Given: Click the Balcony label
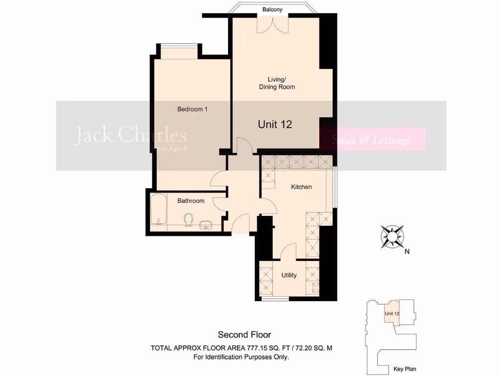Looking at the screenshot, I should (x=272, y=9).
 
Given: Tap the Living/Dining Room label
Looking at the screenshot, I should (x=277, y=83).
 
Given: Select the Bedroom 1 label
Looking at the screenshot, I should (x=192, y=109).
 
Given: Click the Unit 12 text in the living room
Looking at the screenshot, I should (x=275, y=124).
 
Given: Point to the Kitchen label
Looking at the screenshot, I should (x=301, y=187).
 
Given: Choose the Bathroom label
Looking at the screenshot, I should (x=191, y=201).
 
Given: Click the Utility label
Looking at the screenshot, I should (x=289, y=275).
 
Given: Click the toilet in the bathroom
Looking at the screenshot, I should (x=187, y=221).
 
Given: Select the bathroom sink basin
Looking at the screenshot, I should (x=206, y=224).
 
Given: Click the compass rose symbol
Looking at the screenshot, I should (x=392, y=235).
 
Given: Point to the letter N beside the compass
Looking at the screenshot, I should (x=407, y=252).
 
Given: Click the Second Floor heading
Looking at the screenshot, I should (x=244, y=335).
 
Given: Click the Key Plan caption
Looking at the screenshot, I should (x=405, y=369).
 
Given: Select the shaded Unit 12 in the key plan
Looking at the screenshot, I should (x=391, y=314).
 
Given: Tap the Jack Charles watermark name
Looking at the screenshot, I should (x=131, y=136).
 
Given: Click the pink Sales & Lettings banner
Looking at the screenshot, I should (x=372, y=140).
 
